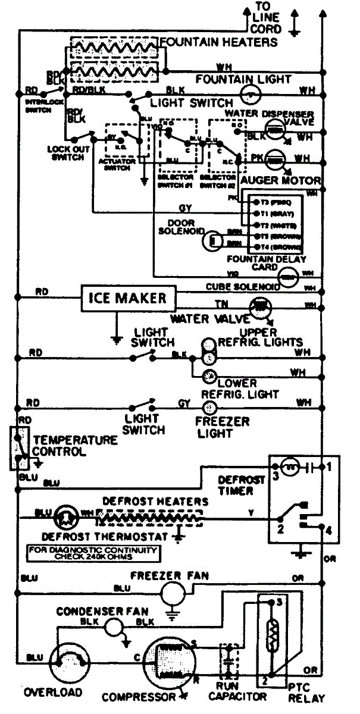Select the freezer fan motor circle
(173, 592)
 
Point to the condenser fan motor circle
(113, 625)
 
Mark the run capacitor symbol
(228, 662)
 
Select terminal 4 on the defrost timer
(322, 528)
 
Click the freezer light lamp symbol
(208, 408)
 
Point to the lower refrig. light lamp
(209, 375)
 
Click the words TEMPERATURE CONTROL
(75, 446)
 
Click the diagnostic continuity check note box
(93, 553)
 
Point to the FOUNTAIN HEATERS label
(220, 42)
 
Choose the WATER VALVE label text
(198, 319)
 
